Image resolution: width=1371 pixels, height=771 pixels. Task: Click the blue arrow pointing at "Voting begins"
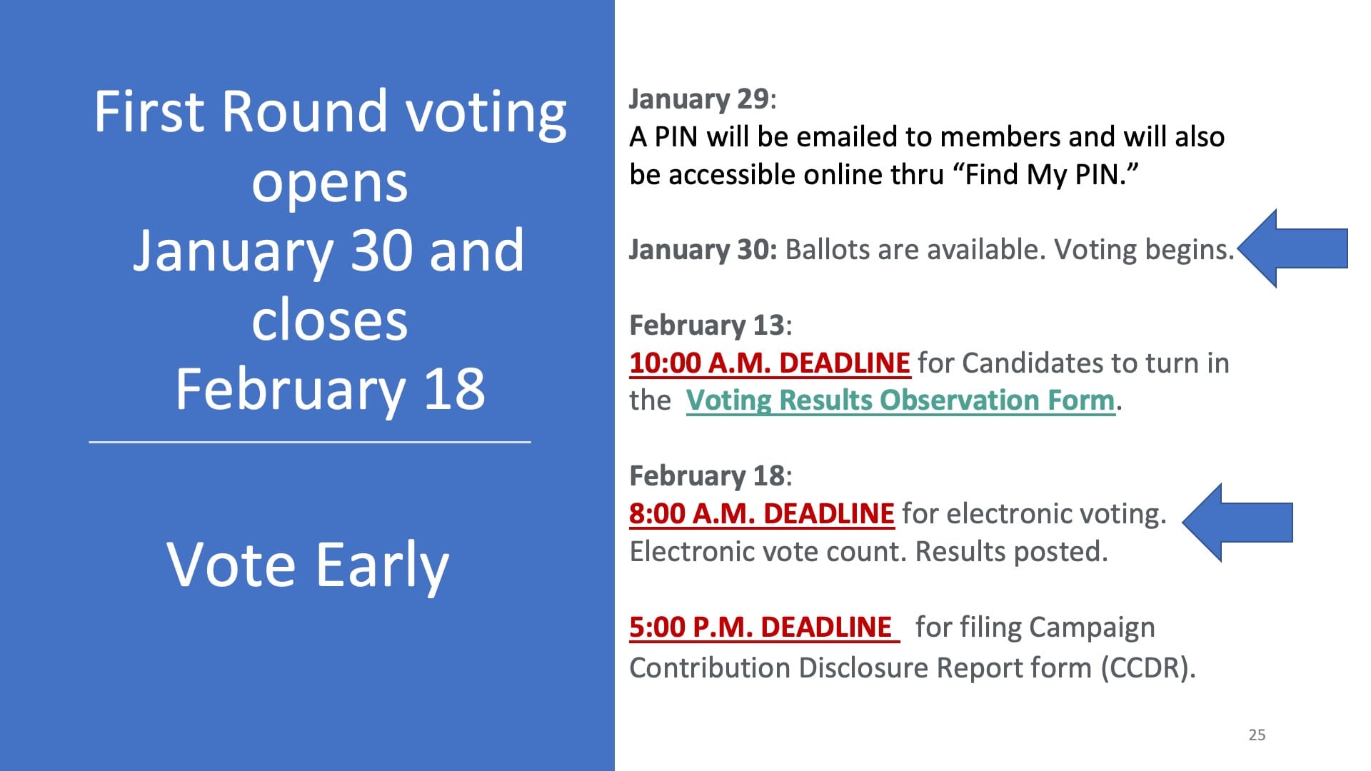[x=1292, y=248]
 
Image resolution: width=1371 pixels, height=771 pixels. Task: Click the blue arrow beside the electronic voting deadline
[x=1237, y=523]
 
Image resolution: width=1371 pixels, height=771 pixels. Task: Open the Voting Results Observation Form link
[x=900, y=400]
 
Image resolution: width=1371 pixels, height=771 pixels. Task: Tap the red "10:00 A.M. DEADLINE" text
[x=770, y=363]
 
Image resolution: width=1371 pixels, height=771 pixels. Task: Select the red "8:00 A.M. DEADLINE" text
[x=762, y=513]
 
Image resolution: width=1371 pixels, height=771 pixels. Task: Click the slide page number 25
[x=1257, y=735]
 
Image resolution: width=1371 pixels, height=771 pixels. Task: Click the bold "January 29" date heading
[x=699, y=99]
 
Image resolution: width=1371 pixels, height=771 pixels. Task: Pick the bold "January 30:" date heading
[x=703, y=250]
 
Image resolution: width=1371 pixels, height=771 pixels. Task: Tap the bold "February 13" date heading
[x=707, y=326]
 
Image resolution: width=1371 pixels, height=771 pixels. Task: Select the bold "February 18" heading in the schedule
[x=707, y=476]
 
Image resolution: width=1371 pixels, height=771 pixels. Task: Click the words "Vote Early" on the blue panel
[x=308, y=565]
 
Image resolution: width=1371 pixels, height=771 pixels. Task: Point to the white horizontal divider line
[x=310, y=442]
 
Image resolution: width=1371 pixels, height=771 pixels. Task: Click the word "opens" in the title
[x=330, y=184]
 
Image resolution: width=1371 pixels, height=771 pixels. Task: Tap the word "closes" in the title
[x=330, y=320]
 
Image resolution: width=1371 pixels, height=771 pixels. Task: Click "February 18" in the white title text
[x=330, y=390]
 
